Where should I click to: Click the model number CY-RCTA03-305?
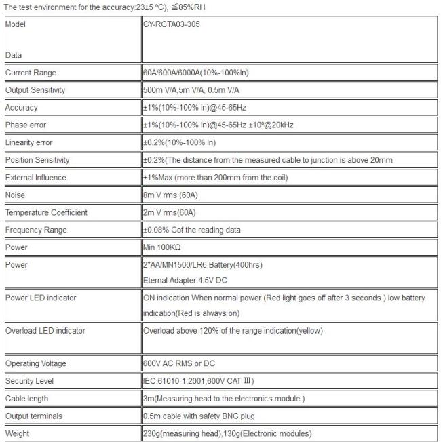click(x=172, y=24)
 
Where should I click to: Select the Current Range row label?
click(x=31, y=73)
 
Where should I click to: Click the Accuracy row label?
click(x=21, y=108)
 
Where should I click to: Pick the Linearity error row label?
click(x=28, y=143)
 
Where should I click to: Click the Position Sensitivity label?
click(x=37, y=160)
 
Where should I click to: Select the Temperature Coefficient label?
click(x=46, y=213)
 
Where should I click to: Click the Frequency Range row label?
click(x=35, y=230)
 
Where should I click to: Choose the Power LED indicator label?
click(x=41, y=298)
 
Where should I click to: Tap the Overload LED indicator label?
click(x=45, y=331)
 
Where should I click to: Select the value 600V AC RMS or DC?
click(x=180, y=364)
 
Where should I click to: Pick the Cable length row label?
click(x=26, y=399)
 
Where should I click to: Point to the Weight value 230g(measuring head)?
click(x=183, y=433)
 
